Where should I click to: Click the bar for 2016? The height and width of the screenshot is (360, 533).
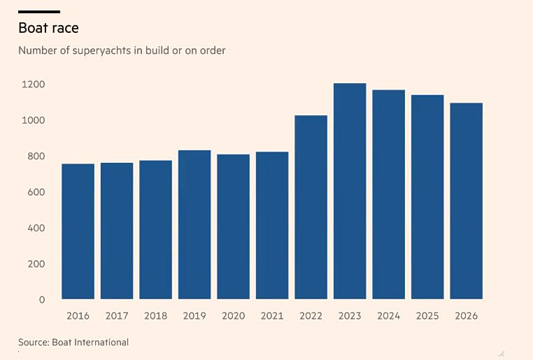click(78, 231)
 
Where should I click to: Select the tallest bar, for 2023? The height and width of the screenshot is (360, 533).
click(350, 192)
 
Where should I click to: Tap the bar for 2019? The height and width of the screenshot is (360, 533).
click(194, 225)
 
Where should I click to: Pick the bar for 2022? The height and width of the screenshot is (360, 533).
click(311, 207)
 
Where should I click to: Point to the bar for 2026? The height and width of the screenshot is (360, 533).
click(467, 201)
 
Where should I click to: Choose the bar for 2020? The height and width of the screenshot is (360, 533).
click(233, 227)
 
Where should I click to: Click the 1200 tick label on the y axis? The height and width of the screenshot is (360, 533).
click(34, 84)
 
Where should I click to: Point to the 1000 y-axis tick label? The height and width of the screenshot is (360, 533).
click(34, 120)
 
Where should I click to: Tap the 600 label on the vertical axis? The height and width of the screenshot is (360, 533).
click(36, 192)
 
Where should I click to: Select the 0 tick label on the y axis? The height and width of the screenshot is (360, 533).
click(42, 300)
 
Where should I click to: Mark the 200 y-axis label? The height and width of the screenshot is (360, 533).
click(36, 264)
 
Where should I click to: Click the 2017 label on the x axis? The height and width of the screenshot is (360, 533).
click(117, 316)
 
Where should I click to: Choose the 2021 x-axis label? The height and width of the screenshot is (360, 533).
click(272, 316)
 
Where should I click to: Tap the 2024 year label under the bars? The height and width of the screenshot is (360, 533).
click(388, 316)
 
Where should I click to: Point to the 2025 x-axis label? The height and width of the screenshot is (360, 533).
click(427, 316)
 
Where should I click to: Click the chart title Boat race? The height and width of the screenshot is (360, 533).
click(48, 28)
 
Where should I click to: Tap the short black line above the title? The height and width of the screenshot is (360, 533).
click(39, 12)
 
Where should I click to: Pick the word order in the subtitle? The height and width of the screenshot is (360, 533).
click(213, 50)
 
